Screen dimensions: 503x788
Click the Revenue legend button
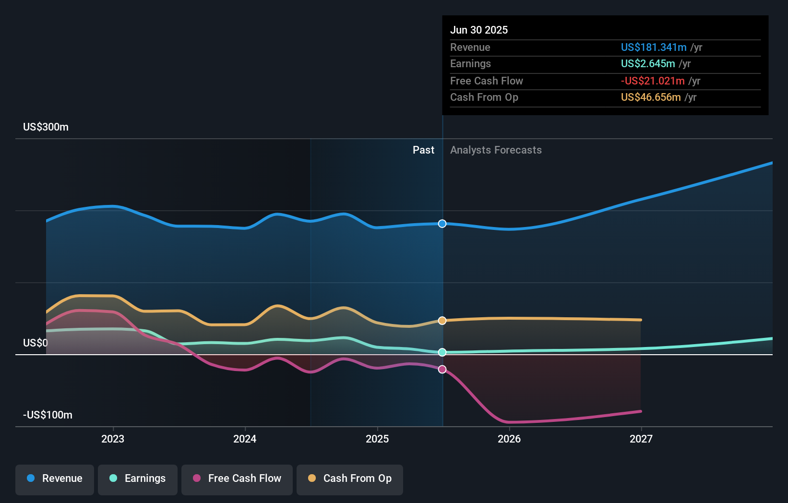coord(55,479)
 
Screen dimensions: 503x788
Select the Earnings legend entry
coord(138,479)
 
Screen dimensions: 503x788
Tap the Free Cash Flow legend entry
coord(237,479)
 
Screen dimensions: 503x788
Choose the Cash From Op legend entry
coord(350,479)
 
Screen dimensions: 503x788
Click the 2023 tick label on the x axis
coord(113,439)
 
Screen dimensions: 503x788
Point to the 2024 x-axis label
coord(245,439)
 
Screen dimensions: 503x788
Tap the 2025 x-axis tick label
coord(377,439)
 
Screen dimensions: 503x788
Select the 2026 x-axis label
coord(509,439)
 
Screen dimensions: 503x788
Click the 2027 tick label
coord(641,439)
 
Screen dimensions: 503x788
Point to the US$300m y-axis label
coord(46,127)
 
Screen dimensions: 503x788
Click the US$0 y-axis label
coord(36,343)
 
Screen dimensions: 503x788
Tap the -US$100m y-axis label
coord(48,415)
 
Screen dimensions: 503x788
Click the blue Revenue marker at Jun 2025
coord(442,224)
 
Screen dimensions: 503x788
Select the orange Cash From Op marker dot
coord(442,321)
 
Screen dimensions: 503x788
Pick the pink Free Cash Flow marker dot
coord(442,369)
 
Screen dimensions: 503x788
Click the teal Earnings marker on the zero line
coord(442,352)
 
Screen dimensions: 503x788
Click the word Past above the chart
coord(423,150)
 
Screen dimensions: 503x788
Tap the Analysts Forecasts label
coord(496,150)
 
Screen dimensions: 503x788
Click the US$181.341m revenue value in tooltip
coord(654,48)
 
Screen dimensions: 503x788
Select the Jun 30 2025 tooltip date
coord(479,30)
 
